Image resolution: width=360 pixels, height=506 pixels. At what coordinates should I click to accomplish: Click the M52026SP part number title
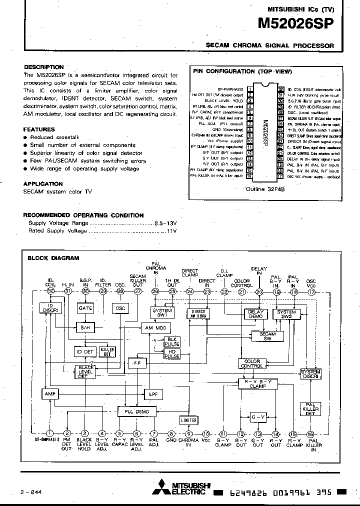coord(295,23)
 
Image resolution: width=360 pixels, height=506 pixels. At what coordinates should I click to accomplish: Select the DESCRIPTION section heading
coord(44,67)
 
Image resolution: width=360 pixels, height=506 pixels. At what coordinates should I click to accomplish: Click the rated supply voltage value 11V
coord(172,231)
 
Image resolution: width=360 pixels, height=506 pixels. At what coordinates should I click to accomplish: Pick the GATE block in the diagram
coord(85,308)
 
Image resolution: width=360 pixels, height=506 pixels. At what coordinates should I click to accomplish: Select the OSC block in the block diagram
coord(120,308)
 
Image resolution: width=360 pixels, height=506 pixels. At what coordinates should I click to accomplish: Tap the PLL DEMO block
coord(137,411)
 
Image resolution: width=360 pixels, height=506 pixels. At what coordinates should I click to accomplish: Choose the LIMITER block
coord(188,420)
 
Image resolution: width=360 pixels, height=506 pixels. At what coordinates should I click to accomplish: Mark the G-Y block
coord(257,416)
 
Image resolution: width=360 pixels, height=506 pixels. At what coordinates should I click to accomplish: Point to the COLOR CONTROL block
coord(251,363)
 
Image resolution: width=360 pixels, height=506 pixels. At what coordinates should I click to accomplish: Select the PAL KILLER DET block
coord(311,408)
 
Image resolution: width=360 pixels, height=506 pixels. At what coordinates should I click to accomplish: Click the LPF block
coord(153,394)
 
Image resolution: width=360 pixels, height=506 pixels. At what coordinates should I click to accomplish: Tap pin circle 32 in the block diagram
coord(50,291)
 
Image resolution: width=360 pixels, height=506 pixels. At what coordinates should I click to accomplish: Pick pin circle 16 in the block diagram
coord(310,434)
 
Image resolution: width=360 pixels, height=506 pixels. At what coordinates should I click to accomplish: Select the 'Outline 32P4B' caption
coord(264,189)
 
